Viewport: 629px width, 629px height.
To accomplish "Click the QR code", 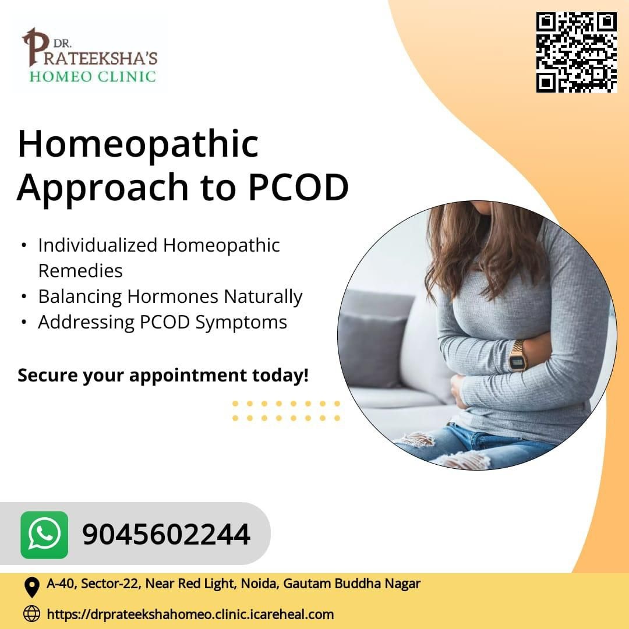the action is (x=576, y=52).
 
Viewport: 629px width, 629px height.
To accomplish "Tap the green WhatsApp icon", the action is (x=44, y=535).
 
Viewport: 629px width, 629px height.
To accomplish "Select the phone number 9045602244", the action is (x=166, y=535).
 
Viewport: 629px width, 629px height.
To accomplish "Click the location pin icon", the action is (x=31, y=587).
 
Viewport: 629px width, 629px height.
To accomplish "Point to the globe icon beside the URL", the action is (x=31, y=614).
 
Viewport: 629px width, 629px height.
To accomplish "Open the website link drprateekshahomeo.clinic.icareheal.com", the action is (x=190, y=614).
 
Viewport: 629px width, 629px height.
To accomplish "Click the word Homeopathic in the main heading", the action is (x=138, y=144).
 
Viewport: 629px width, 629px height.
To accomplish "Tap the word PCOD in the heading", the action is (x=298, y=188).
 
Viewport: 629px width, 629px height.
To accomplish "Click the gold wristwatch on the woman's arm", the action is (x=518, y=356).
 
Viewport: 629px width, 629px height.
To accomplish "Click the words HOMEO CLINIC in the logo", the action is (x=92, y=76).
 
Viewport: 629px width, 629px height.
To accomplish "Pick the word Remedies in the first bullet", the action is (x=80, y=271).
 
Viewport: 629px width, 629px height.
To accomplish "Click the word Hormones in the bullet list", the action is (x=172, y=296).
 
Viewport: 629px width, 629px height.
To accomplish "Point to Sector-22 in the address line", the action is (x=111, y=584).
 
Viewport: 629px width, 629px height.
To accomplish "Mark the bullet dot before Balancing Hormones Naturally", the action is (x=24, y=297).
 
